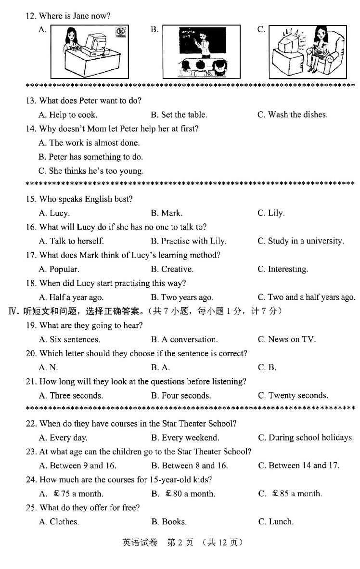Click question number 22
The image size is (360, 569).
click(x=31, y=424)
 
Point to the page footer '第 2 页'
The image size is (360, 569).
click(x=180, y=543)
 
